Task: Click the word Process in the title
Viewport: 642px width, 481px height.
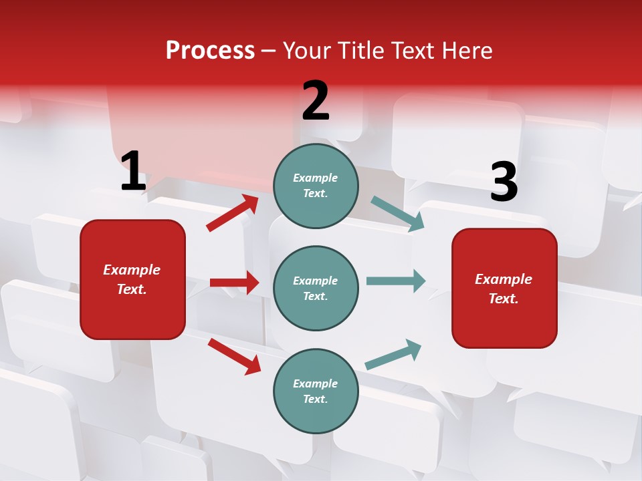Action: [210, 51]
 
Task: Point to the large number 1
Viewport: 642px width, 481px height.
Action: [133, 171]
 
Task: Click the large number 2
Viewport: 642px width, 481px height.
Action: [316, 101]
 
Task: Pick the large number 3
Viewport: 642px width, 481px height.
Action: [504, 182]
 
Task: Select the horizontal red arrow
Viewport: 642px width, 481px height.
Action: [234, 283]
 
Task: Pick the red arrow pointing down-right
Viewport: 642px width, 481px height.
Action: [234, 355]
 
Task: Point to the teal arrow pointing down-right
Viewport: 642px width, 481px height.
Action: [397, 214]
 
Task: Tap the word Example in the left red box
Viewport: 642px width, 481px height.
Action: [132, 270]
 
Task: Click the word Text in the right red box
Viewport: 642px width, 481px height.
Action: [503, 299]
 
